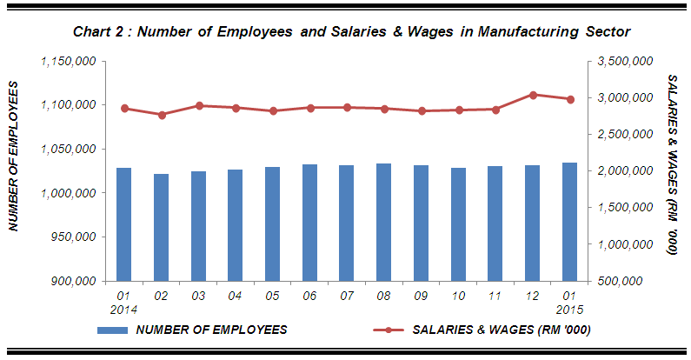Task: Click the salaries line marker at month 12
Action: pos(532,95)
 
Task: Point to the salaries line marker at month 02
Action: pos(161,115)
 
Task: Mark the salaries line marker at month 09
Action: pos(421,111)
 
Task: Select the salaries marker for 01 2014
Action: pos(123,109)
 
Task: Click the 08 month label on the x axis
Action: pos(383,297)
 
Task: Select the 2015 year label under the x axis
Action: pos(569,310)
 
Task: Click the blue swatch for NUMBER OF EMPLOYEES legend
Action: pos(113,330)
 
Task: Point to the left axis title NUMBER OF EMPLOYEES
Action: pos(15,157)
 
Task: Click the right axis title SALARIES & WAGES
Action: pos(671,164)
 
